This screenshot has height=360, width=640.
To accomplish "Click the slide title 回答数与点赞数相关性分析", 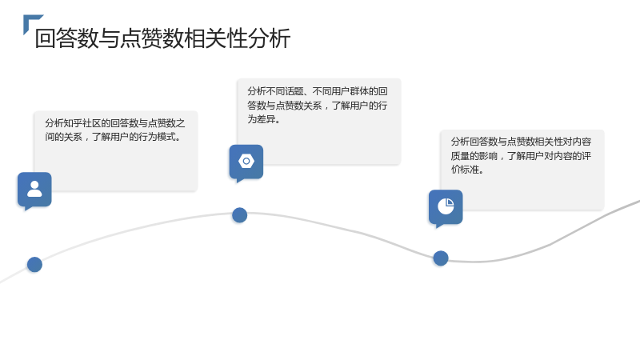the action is tap(162, 38).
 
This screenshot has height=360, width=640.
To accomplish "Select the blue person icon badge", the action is tap(34, 190).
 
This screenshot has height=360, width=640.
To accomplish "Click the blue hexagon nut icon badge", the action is tap(246, 162).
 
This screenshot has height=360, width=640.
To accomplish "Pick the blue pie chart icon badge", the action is tap(446, 207).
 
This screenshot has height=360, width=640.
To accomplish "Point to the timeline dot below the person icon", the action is tap(34, 265).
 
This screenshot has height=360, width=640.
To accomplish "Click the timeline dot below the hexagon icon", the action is tap(239, 215).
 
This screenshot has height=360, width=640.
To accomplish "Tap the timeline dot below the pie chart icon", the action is tap(441, 258).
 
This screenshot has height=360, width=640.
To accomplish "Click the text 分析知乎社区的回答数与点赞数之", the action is tap(114, 123).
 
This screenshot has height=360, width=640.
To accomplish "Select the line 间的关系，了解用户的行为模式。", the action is tap(113, 137).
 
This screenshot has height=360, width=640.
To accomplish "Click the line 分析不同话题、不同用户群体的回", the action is tap(317, 91).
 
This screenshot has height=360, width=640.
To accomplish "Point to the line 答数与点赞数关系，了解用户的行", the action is tap(317, 106).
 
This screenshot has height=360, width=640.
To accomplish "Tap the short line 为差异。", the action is tap(264, 119).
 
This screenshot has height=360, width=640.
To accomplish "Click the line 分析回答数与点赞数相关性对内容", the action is tap(521, 142).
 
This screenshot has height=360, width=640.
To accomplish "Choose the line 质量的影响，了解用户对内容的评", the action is tap(521, 155).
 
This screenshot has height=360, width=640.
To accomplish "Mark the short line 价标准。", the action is tap(467, 170).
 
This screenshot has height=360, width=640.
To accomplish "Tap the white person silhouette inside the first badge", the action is tap(34, 190).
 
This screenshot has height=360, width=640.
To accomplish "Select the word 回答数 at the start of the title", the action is tap(67, 38).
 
